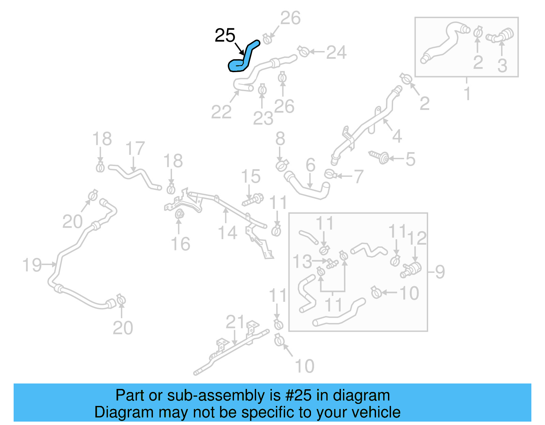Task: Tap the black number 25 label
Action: (x=225, y=35)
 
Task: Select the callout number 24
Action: (x=336, y=52)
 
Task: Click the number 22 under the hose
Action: (x=221, y=112)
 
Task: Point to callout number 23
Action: (x=263, y=118)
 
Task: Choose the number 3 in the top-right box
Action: (x=502, y=65)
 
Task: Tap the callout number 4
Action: (x=397, y=136)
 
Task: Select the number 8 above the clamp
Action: (x=280, y=139)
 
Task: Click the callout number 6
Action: (x=310, y=165)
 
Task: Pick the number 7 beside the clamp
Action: (x=358, y=177)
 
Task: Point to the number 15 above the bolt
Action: (x=251, y=177)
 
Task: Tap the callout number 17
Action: (x=135, y=149)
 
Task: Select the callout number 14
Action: (x=227, y=233)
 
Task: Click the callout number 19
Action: (x=32, y=265)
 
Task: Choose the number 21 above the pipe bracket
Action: (x=235, y=322)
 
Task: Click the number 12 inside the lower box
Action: (x=417, y=238)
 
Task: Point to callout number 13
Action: (x=302, y=261)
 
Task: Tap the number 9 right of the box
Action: (x=440, y=272)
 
